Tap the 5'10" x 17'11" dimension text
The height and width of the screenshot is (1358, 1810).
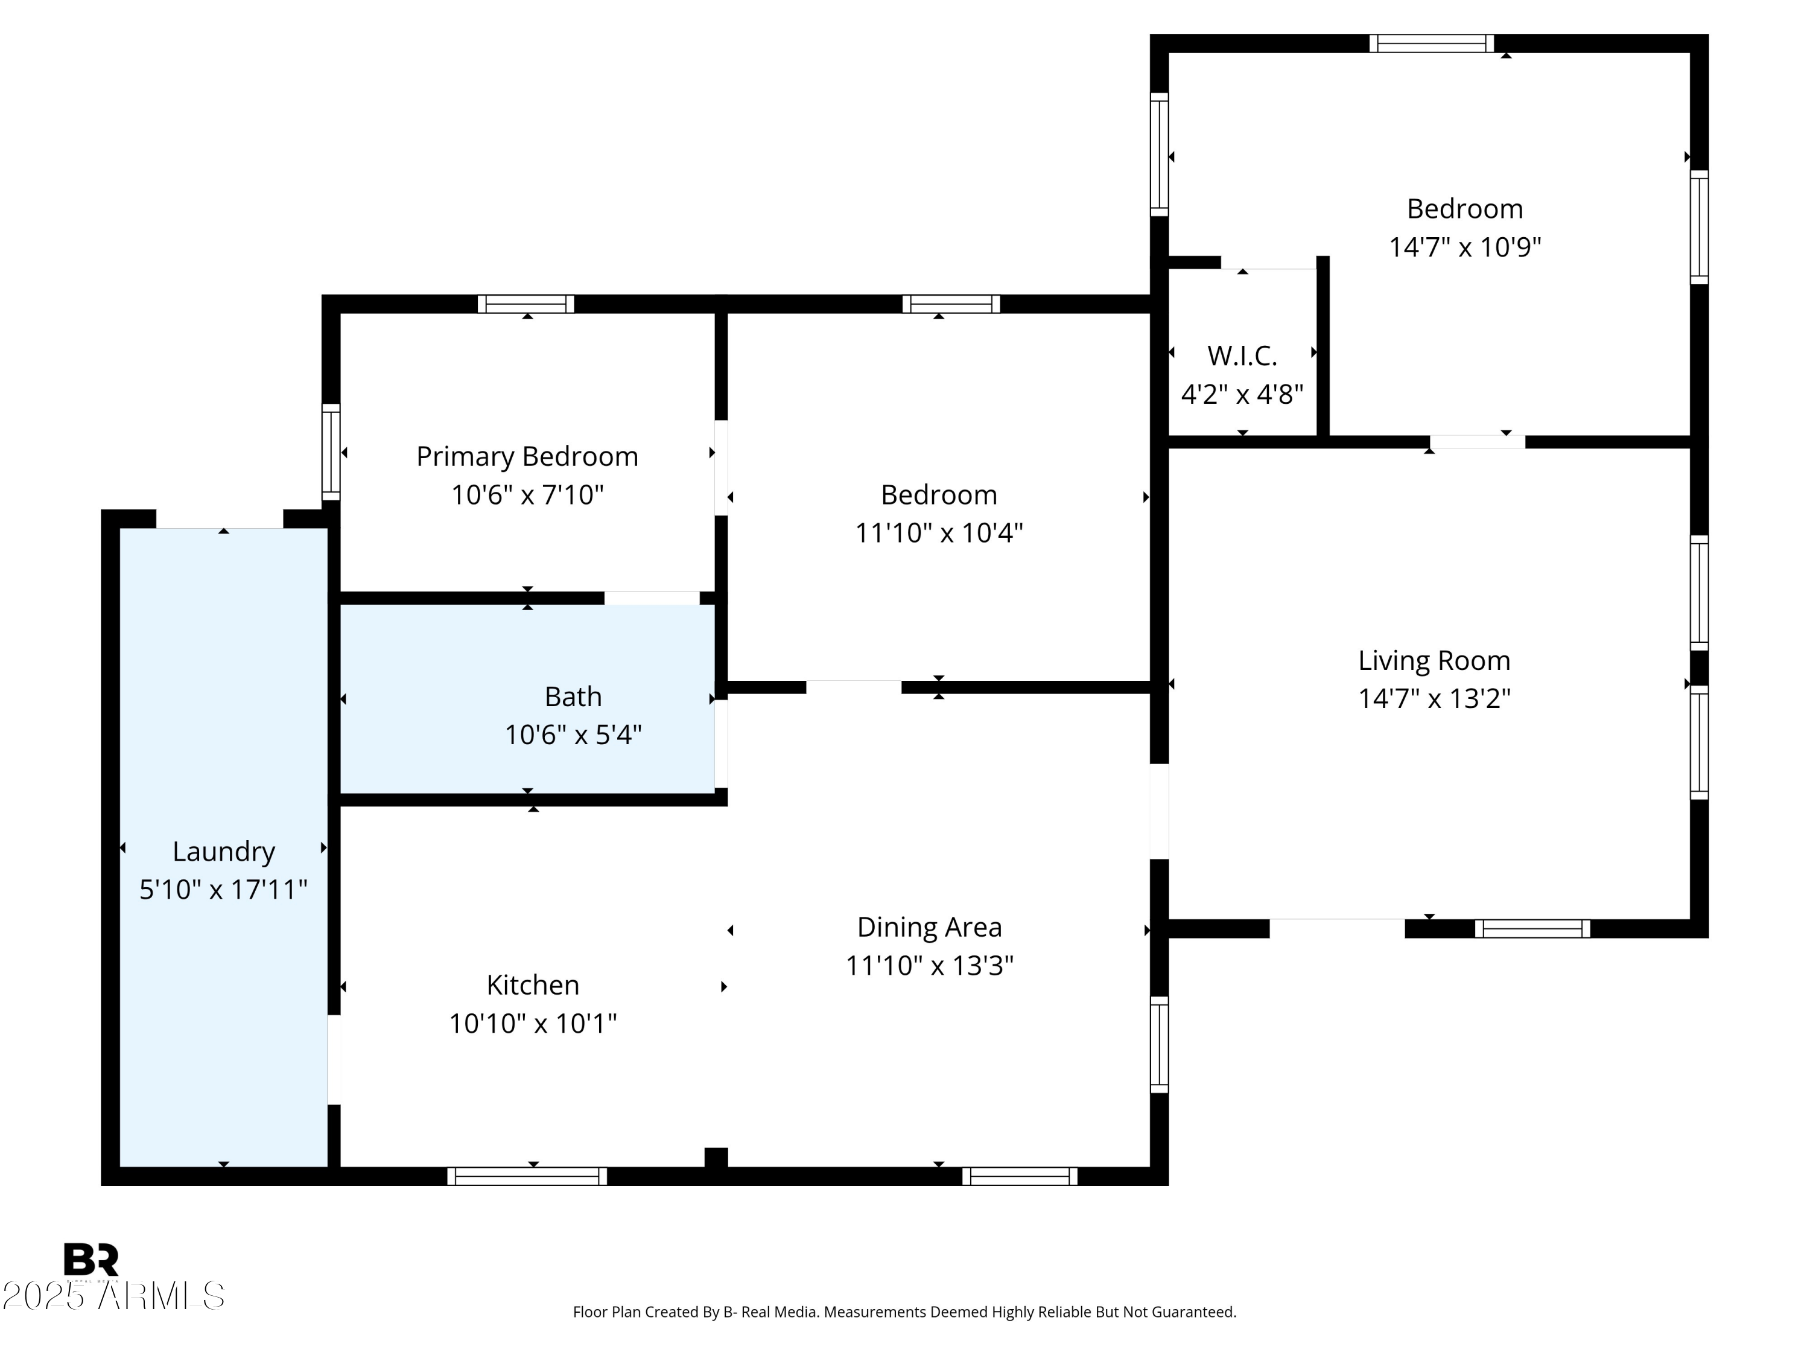coord(223,890)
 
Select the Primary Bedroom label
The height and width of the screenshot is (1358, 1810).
coord(527,457)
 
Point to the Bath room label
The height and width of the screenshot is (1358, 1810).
coord(573,697)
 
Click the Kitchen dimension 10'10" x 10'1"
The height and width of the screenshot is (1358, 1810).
coord(533,1023)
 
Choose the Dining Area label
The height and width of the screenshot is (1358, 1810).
coord(930,928)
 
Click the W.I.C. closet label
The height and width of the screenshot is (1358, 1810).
coord(1242,356)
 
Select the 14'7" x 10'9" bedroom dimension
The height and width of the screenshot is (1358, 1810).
coord(1465,247)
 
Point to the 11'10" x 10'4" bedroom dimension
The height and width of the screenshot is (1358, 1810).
coord(939,534)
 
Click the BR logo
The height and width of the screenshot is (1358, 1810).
coord(91,1259)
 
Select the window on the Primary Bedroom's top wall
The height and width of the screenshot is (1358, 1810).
coord(526,304)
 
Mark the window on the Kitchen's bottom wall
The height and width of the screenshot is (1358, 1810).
coord(527,1176)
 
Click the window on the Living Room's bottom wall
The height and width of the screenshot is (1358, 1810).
coord(1532,928)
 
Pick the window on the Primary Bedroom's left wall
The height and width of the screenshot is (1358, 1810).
coord(331,452)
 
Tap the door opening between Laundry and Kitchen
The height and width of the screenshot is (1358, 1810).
coord(334,1060)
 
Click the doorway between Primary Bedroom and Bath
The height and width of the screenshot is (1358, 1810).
coord(652,598)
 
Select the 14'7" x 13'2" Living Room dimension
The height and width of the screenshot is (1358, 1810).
coord(1434,699)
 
